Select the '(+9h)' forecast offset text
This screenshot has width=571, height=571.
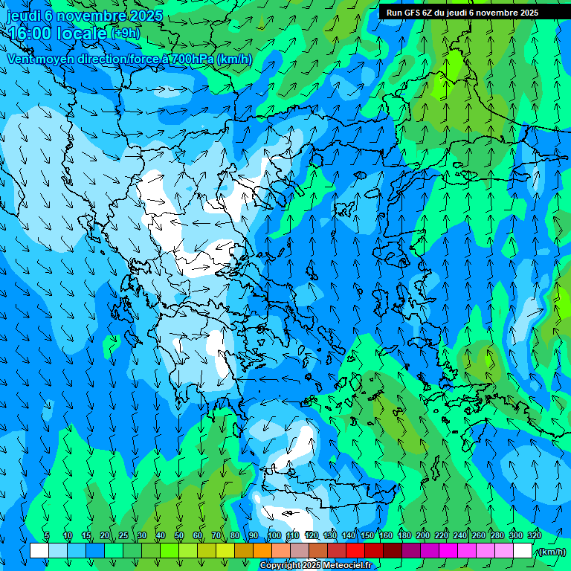click(124, 33)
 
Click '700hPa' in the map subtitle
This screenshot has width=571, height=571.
click(192, 59)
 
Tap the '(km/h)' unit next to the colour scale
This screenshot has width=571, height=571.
click(551, 552)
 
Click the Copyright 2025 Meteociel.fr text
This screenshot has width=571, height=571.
click(315, 566)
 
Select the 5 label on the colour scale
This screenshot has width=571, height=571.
click(47, 535)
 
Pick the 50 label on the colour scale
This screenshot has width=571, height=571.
click(178, 535)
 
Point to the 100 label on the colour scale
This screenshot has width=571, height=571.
click(274, 535)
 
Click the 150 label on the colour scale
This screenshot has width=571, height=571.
click(367, 535)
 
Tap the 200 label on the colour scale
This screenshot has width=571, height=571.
click(423, 535)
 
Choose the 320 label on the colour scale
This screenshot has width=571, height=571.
click(535, 535)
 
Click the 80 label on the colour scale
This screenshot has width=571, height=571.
click(235, 535)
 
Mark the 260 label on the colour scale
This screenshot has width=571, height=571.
click(479, 535)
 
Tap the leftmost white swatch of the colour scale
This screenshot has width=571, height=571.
click(39, 550)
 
